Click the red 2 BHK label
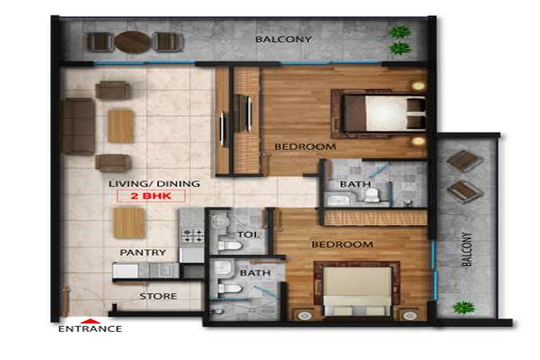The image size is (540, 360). (151, 196)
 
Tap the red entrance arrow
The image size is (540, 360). (90, 321)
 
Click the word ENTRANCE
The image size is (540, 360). (90, 329)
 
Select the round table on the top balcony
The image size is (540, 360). (132, 42)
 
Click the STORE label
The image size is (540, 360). (158, 296)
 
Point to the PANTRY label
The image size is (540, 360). (143, 253)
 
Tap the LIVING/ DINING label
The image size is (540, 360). (154, 184)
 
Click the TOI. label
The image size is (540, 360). (247, 234)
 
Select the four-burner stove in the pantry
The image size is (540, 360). (193, 236)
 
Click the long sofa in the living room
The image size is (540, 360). (77, 126)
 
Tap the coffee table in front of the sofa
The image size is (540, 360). (121, 126)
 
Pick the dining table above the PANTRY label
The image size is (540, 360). (129, 223)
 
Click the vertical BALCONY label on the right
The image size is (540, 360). (467, 249)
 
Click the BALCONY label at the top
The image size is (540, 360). (284, 39)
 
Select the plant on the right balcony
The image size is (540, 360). (463, 307)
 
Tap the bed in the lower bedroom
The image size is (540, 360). (356, 291)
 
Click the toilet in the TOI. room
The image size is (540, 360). (229, 246)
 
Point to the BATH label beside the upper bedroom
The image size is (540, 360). (355, 184)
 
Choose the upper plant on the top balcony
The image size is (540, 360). (399, 32)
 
